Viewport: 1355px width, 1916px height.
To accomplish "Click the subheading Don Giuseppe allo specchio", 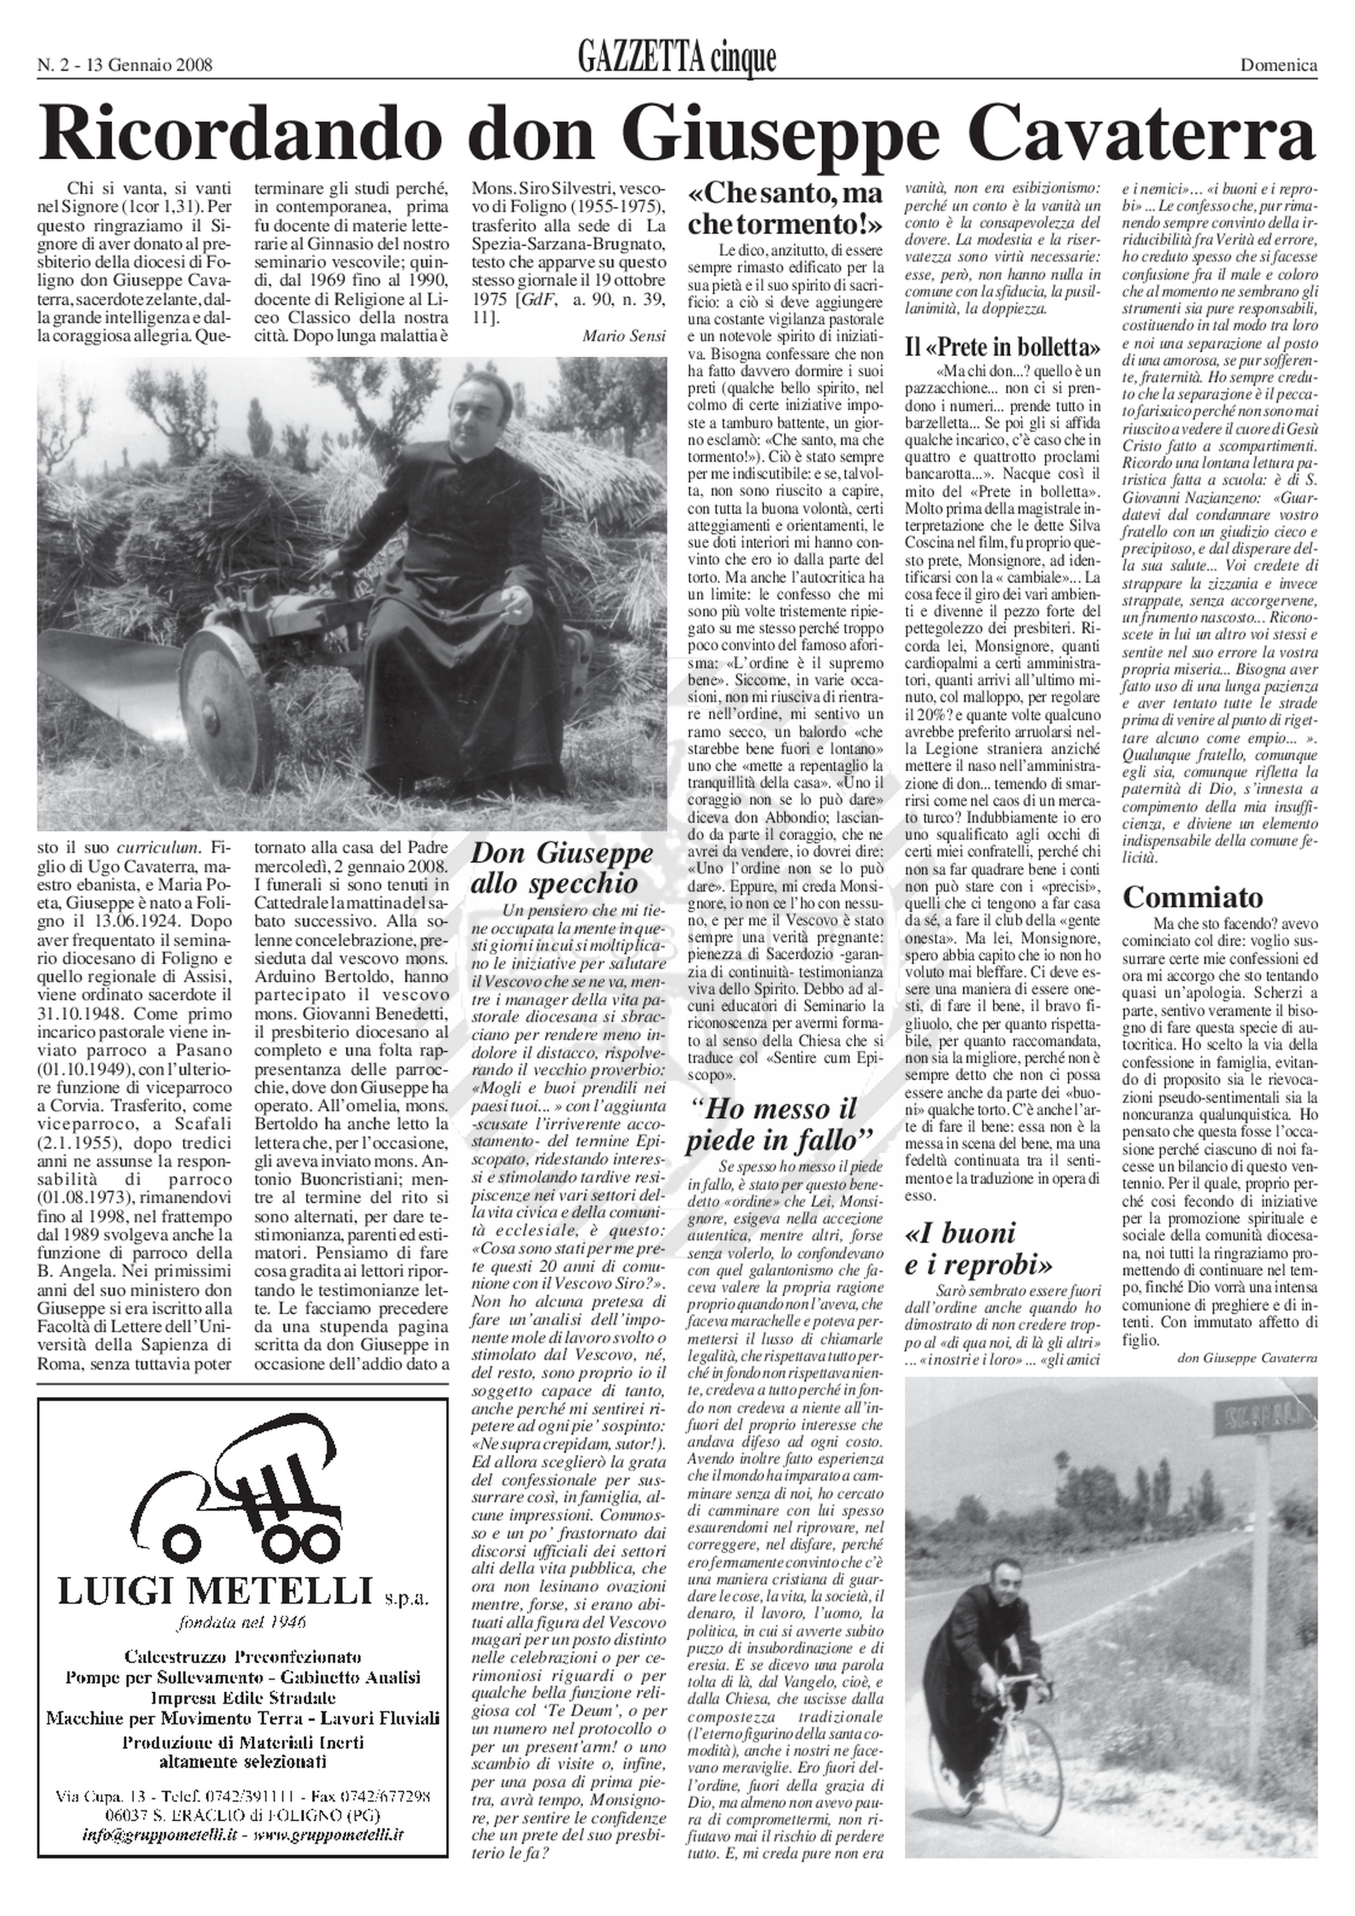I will (x=563, y=868).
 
